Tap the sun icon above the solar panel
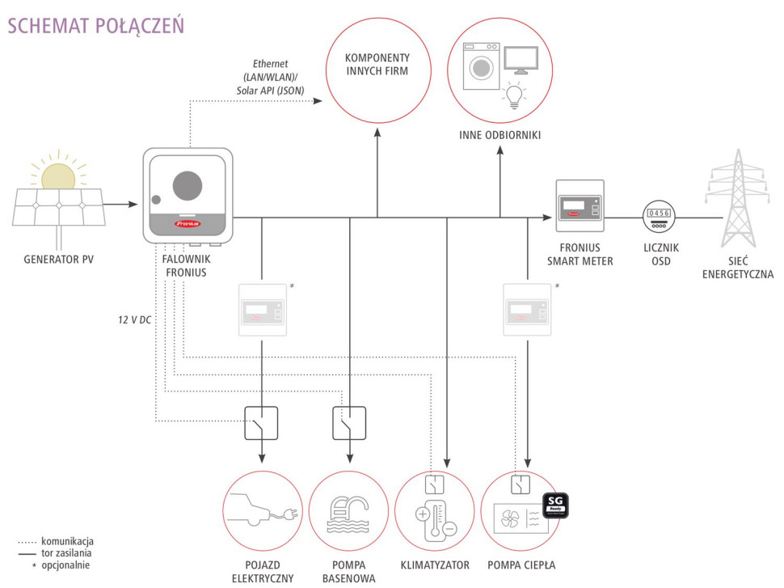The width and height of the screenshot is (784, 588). coord(57,176)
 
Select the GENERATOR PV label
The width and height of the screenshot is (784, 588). coord(56,260)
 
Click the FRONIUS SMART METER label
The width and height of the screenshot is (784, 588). coord(580,255)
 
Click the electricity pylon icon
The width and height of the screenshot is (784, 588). coord(735,201)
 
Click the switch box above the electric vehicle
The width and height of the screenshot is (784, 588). coord(261,423)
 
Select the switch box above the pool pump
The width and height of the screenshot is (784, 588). coord(349,423)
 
